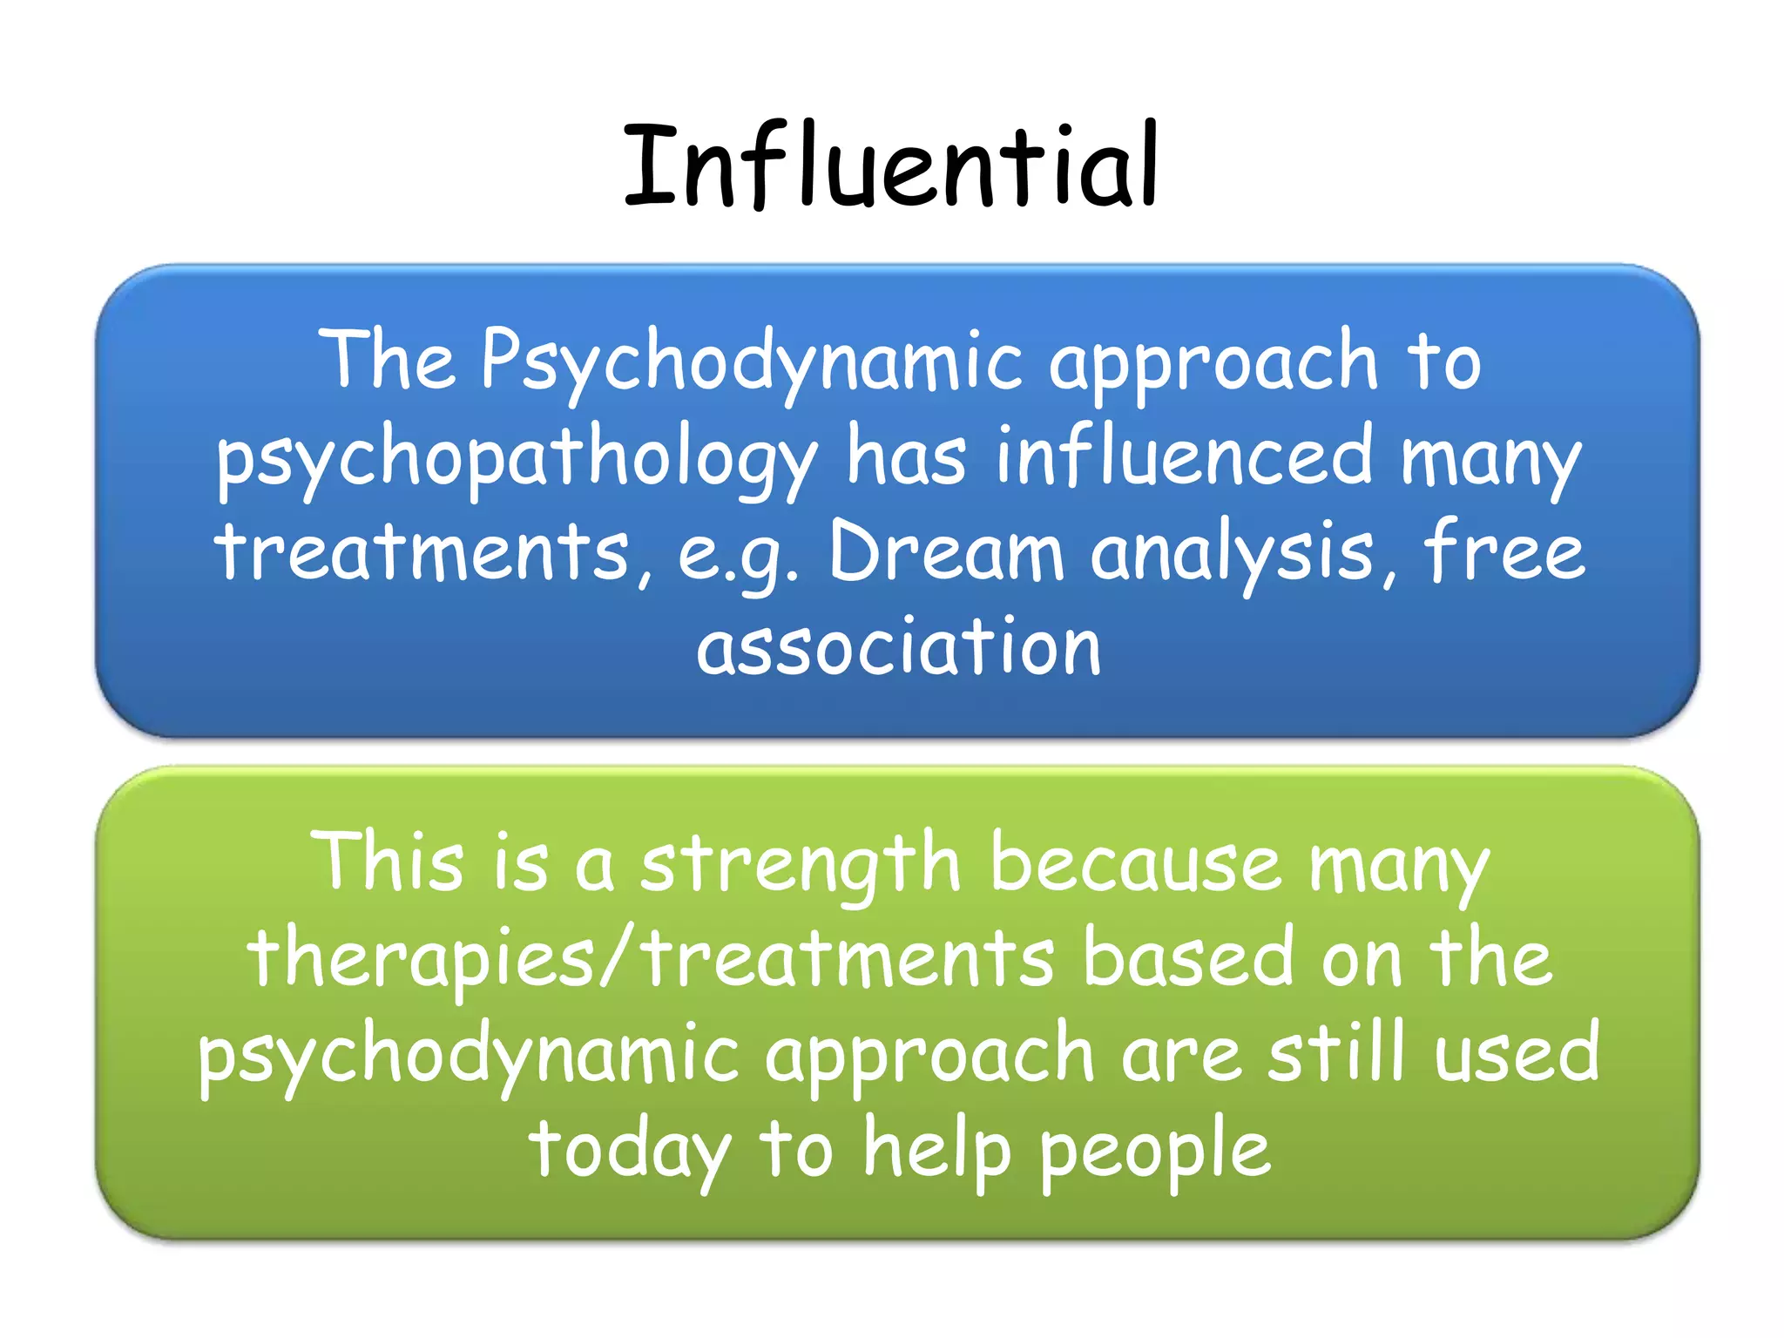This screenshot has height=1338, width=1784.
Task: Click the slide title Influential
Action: (890, 166)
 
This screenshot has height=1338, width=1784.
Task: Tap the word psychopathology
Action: (516, 457)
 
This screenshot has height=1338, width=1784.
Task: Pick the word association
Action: (898, 647)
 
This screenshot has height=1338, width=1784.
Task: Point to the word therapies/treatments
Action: (651, 959)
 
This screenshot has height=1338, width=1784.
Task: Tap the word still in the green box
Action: (1335, 1052)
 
